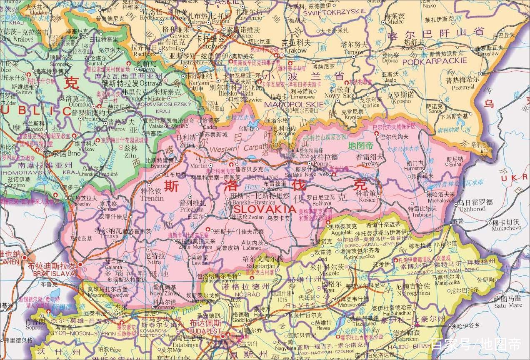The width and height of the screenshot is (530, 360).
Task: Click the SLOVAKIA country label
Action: [265, 208]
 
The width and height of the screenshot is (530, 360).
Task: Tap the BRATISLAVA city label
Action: [55, 274]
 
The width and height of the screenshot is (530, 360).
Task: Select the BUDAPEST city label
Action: [205, 330]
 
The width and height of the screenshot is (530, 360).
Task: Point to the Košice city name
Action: [367, 200]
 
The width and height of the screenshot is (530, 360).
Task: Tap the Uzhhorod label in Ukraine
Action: [472, 209]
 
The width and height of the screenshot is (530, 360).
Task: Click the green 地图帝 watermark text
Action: [361, 146]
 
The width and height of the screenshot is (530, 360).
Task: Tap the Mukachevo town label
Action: [506, 228]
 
